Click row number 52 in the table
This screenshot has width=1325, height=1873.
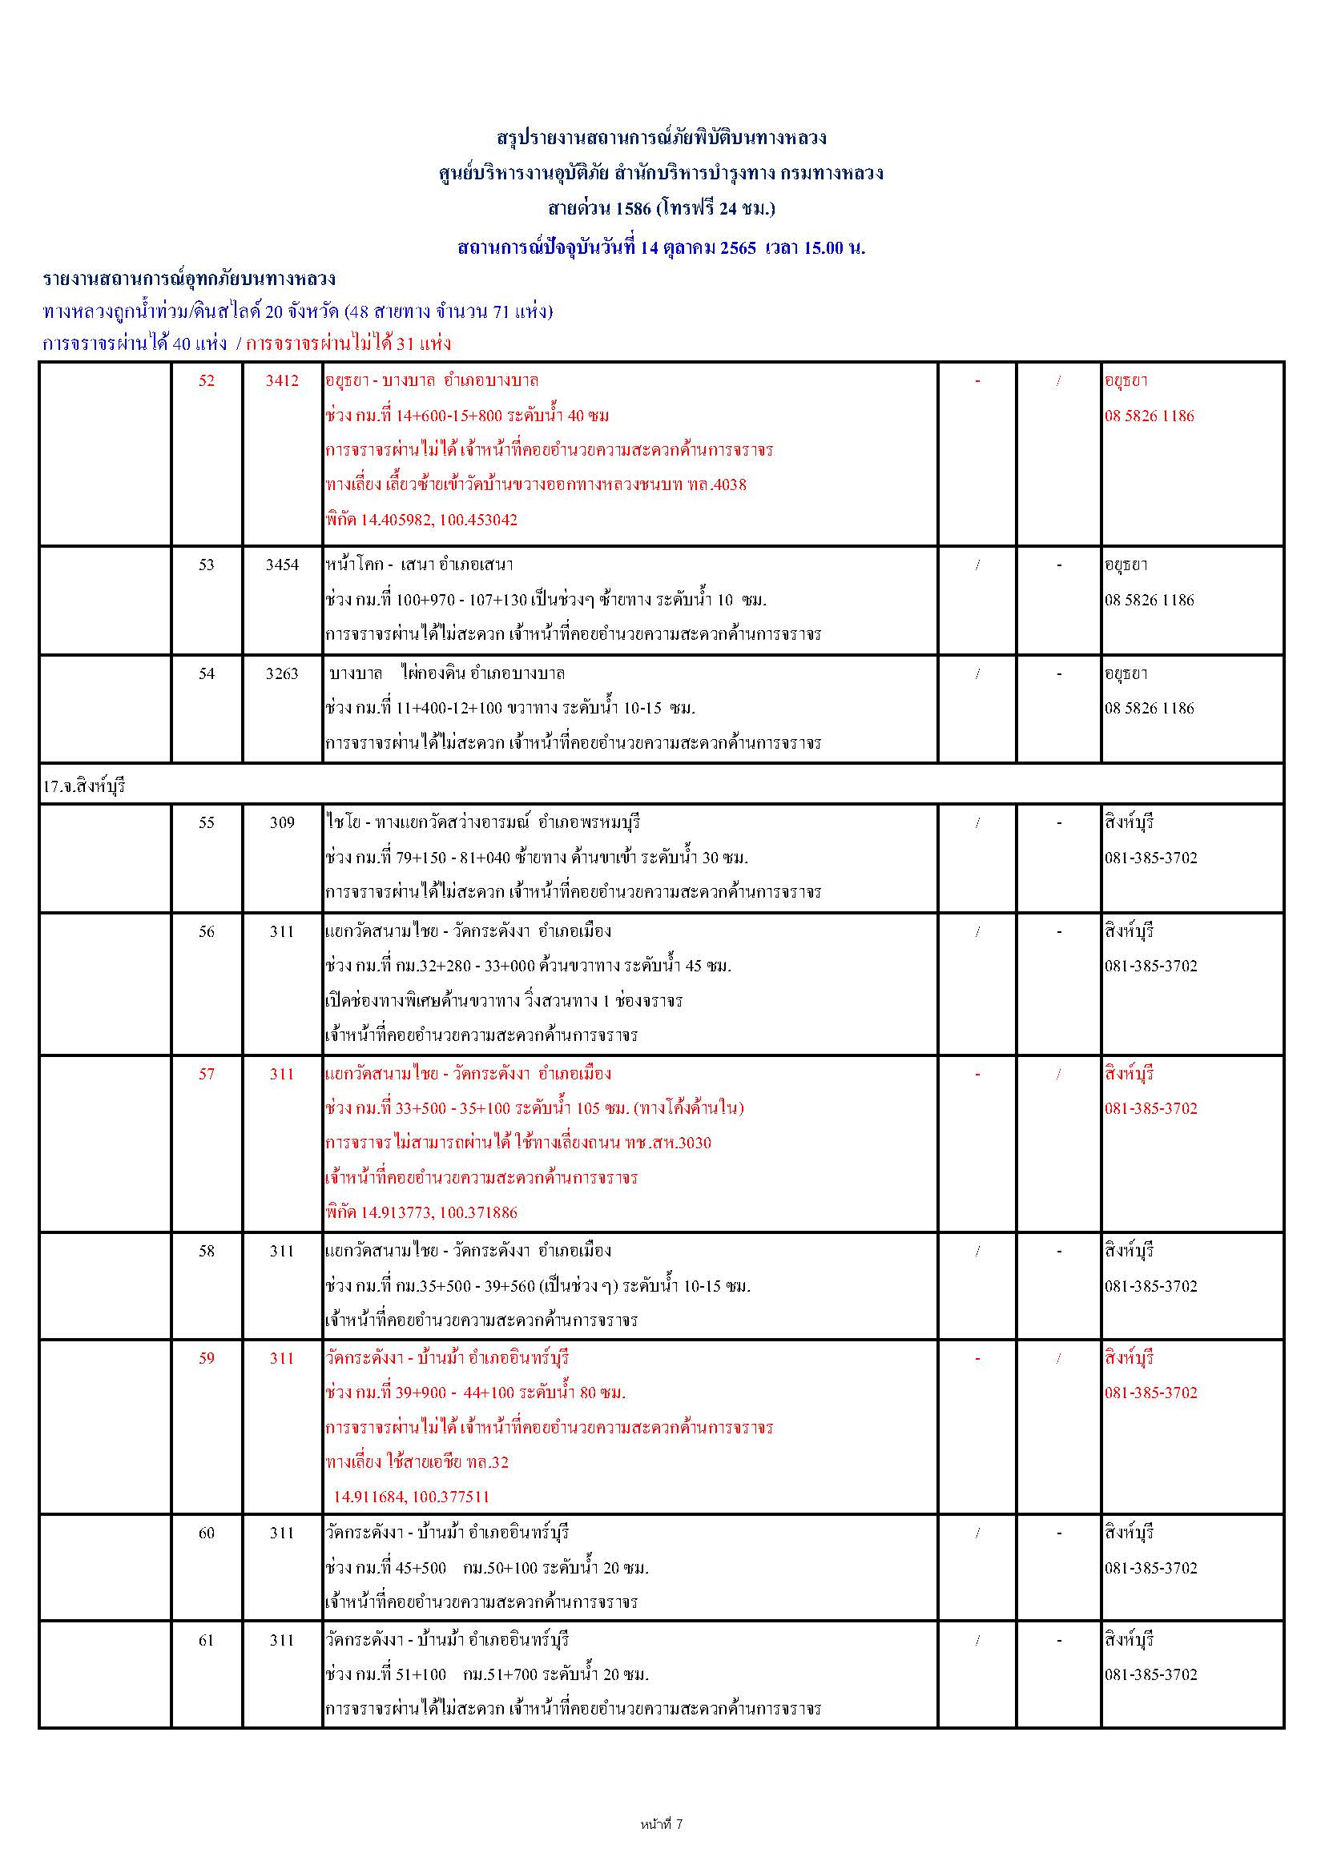pos(207,381)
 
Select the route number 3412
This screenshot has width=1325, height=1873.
pos(281,381)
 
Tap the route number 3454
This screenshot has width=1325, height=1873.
pos(281,565)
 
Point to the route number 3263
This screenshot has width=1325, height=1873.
pos(281,673)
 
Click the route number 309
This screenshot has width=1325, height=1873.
pos(281,822)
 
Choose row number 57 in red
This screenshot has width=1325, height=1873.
pos(207,1075)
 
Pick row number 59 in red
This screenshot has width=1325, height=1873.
pos(207,1358)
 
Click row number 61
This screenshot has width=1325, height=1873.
pos(207,1641)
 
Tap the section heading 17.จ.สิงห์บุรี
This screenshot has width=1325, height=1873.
pos(84,787)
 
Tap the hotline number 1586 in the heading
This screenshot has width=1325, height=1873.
pos(633,208)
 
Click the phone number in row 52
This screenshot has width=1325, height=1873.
pos(1149,416)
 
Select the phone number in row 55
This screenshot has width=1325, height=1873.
pos(1150,858)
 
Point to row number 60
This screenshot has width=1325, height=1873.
pos(207,1533)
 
